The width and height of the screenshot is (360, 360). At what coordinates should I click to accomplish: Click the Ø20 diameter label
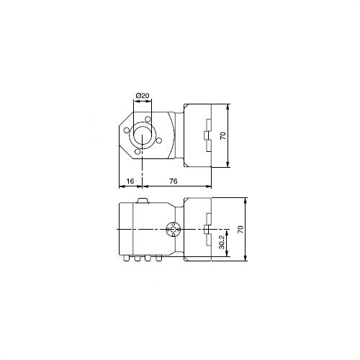(143, 96)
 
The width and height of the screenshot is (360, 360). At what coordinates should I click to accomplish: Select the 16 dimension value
(130, 181)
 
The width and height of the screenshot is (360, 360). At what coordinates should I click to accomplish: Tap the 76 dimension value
(174, 181)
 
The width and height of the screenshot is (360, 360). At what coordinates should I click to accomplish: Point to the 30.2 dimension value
(222, 241)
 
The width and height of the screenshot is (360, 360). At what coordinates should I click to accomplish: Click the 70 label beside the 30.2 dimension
(240, 229)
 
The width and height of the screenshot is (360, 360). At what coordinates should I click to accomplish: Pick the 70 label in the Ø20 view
(223, 135)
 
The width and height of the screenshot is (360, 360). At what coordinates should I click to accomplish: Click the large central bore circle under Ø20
(143, 135)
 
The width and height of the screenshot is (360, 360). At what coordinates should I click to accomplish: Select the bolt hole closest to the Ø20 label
(148, 119)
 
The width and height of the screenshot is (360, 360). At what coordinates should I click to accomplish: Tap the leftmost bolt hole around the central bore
(127, 130)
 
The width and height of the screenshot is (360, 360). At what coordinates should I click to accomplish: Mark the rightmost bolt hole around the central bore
(159, 140)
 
